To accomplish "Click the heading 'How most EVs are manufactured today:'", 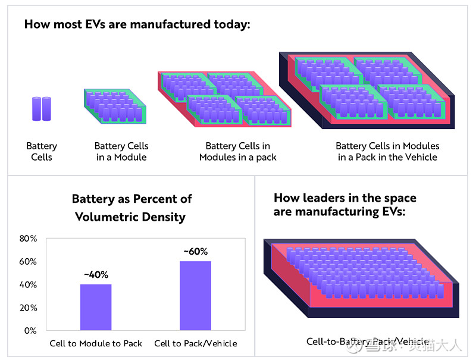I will [137, 25].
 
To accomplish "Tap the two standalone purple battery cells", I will [42, 109].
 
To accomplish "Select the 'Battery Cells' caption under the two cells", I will [42, 152].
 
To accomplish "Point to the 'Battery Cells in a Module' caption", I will [121, 152].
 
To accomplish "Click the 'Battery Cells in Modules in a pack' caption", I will [237, 152].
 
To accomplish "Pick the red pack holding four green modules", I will [224, 98].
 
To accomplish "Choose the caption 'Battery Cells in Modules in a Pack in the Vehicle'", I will [387, 152].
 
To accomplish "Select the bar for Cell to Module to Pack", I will [96, 307].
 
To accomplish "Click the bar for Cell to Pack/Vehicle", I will [195, 295].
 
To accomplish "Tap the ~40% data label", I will [96, 275].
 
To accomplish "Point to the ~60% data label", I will [195, 252].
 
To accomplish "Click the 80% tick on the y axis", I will [29, 239].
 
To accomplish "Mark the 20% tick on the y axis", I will [29, 308].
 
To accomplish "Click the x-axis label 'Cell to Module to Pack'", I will [96, 343].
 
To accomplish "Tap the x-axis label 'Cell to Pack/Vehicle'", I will [195, 343].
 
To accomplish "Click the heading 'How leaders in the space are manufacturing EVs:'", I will [345, 205].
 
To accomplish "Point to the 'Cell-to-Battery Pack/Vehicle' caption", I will [367, 342].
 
